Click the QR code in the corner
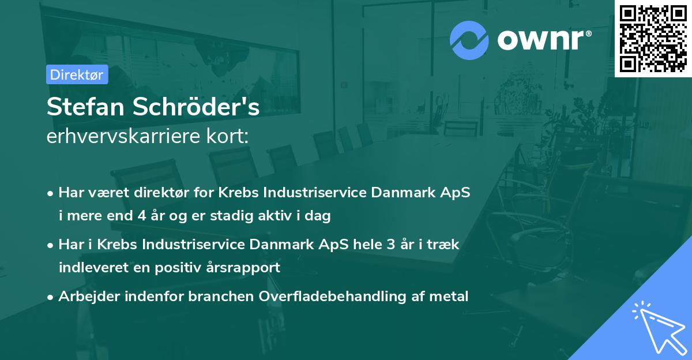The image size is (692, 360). (x=653, y=38)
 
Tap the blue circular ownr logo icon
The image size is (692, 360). (x=469, y=40)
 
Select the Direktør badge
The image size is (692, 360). (x=77, y=74)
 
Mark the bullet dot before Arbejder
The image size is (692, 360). (x=51, y=297)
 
